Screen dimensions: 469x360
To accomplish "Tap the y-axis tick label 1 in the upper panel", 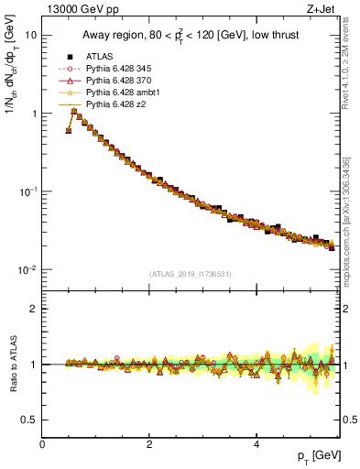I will pyautogui.click(x=33, y=114).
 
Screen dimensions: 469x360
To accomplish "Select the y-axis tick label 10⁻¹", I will pyautogui.click(x=27, y=191).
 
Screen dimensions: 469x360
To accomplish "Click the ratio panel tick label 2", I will pyautogui.click(x=33, y=309).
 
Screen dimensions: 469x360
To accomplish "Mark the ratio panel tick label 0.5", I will pyautogui.click(x=29, y=420).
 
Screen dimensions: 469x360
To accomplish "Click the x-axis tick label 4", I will pyautogui.click(x=255, y=444).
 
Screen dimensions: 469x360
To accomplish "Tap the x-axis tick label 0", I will pyautogui.click(x=42, y=444).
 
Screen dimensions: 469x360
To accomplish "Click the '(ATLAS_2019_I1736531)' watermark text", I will pyautogui.click(x=191, y=273).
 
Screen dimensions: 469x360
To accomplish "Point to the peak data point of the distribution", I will pyautogui.click(x=74, y=111).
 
